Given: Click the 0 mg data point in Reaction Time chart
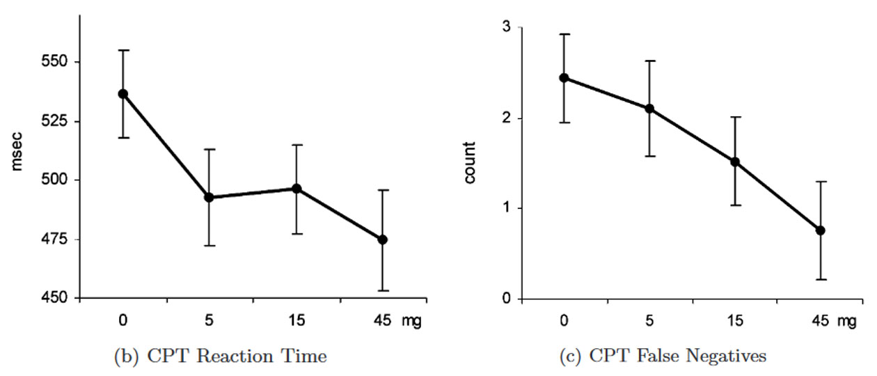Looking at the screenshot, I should click(x=123, y=94).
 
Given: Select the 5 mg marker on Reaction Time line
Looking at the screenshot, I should click(x=208, y=197).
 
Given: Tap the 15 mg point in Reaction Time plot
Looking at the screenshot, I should click(x=297, y=189).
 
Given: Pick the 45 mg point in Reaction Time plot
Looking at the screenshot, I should click(x=382, y=240).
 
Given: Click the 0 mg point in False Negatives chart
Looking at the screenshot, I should click(x=564, y=78).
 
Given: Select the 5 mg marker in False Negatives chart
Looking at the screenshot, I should click(x=649, y=109).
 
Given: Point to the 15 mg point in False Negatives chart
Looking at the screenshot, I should click(x=735, y=162).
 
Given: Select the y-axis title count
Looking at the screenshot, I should click(x=471, y=164).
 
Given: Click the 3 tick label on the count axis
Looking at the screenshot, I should click(x=506, y=27).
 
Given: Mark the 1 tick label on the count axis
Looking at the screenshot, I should click(x=506, y=208).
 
